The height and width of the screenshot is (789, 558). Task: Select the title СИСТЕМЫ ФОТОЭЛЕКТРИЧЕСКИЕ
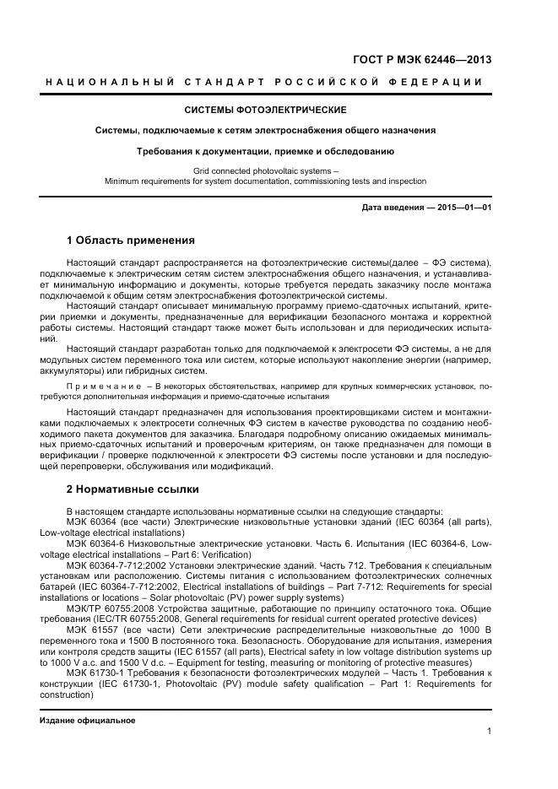point(265,111)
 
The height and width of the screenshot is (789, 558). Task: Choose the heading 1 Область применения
point(130,240)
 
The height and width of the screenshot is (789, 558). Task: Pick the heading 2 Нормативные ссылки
point(133,489)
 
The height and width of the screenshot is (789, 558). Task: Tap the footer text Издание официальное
point(88,721)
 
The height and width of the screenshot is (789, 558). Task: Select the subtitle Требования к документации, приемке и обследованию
point(265,151)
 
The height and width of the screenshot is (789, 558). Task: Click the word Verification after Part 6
point(225,554)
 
